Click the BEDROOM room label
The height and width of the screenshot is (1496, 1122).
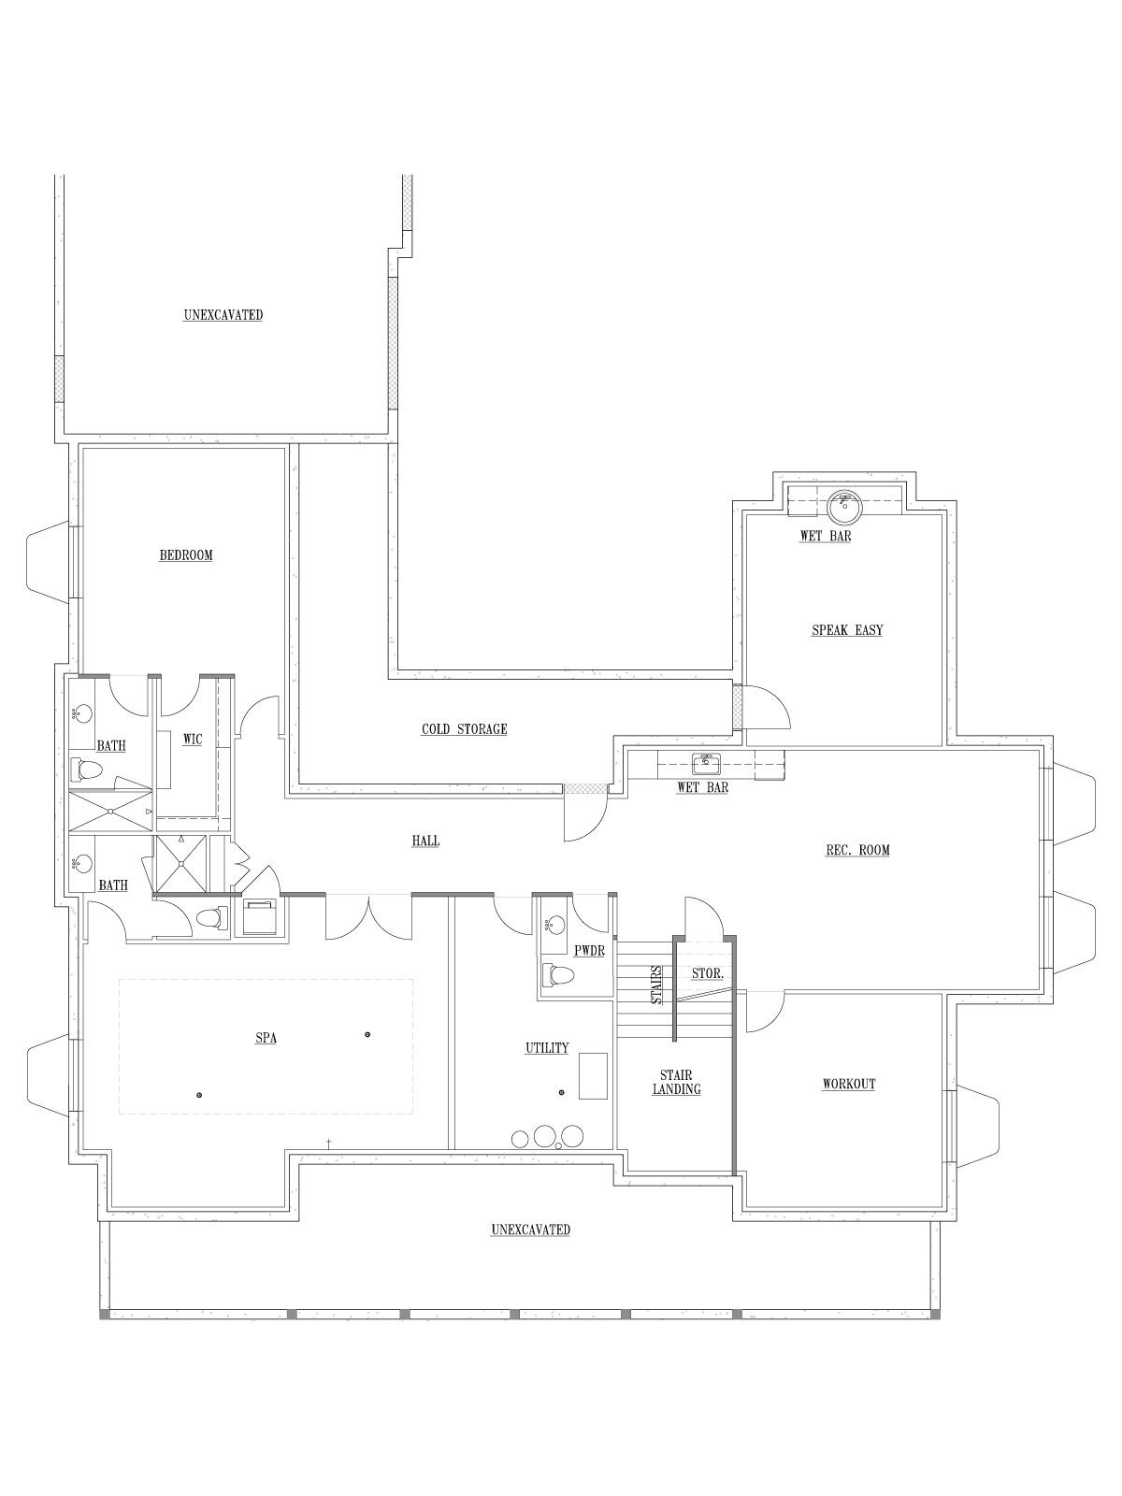pos(186,555)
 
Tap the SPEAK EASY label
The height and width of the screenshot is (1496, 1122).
pos(847,630)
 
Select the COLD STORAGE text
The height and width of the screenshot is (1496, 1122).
pos(464,729)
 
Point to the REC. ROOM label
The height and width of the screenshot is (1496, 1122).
pos(857,850)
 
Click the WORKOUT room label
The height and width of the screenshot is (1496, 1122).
pos(849,1084)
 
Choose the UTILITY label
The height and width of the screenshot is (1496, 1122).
pos(546,1047)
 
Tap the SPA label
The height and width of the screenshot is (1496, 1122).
pos(266,1039)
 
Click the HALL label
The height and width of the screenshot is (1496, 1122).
pos(425,841)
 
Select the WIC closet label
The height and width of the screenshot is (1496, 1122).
pos(193,740)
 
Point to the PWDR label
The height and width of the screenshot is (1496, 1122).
pos(589,951)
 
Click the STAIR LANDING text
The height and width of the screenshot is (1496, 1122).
pos(676,1083)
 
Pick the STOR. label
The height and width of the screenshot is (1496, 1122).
pos(708,974)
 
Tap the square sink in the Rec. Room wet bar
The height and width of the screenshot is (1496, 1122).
pos(707,764)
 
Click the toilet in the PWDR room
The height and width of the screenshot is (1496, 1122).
pos(556,974)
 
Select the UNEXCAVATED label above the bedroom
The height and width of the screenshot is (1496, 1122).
pos(223,315)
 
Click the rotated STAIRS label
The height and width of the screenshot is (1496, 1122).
pos(656,985)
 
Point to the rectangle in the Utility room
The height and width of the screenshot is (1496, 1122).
pos(594,1076)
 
